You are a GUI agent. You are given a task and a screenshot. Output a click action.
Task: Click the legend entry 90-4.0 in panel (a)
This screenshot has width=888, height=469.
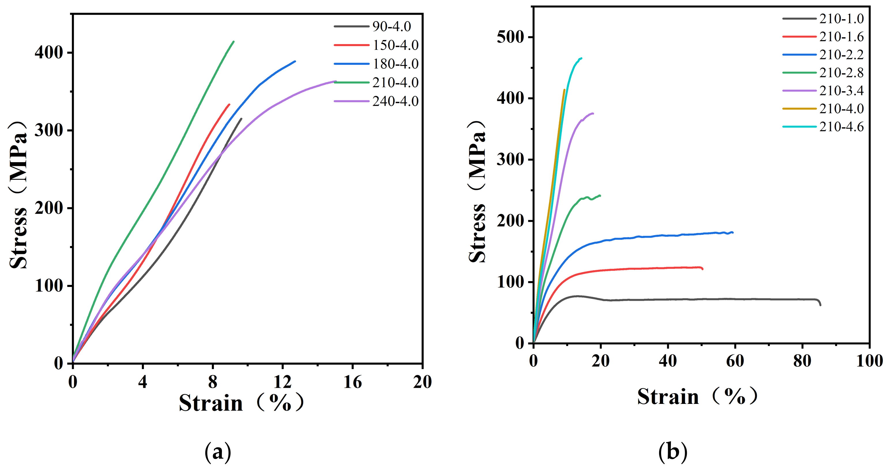click(x=392, y=27)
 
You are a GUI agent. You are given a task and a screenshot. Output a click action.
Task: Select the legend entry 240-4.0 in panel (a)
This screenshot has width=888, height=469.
click(x=395, y=101)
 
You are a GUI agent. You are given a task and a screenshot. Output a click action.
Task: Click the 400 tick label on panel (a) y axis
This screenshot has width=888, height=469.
click(x=49, y=53)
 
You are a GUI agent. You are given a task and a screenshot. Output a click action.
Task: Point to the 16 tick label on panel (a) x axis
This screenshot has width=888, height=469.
click(x=352, y=382)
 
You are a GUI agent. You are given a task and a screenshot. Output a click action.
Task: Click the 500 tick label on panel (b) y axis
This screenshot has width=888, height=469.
click(x=510, y=37)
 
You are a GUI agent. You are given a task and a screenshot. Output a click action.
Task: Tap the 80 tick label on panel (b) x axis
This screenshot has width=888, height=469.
click(x=802, y=361)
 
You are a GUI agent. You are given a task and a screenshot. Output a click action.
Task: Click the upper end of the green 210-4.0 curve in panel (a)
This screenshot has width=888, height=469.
click(x=234, y=42)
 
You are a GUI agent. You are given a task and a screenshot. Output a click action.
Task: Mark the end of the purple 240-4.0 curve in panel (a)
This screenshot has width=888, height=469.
click(x=335, y=82)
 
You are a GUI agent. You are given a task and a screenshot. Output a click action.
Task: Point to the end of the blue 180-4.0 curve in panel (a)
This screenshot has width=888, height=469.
click(x=295, y=62)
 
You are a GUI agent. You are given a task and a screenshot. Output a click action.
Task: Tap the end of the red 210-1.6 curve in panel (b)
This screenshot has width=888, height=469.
click(x=702, y=268)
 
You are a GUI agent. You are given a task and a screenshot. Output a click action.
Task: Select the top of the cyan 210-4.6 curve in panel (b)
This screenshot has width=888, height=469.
click(x=581, y=58)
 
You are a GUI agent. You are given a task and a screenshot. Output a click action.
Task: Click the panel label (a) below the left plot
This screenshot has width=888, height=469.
click(x=218, y=452)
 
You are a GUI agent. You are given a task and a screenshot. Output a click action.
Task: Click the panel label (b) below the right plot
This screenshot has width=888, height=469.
click(x=673, y=452)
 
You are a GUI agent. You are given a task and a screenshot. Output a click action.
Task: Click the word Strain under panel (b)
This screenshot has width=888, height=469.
click(x=668, y=397)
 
